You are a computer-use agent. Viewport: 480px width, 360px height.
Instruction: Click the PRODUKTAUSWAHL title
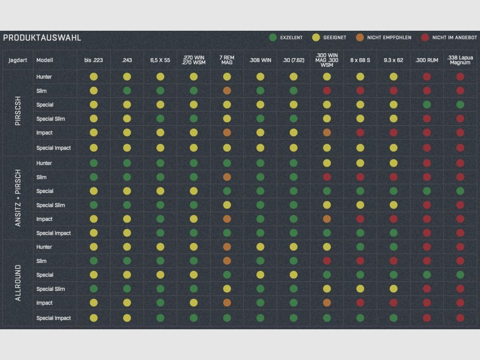click(42, 37)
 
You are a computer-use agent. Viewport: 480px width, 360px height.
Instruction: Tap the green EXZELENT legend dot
click(273, 37)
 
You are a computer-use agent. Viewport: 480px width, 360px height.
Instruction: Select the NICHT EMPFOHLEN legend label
click(389, 37)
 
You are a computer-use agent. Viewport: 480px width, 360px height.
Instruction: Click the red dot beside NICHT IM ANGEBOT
click(425, 37)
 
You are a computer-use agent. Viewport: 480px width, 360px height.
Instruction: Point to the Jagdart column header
click(17, 60)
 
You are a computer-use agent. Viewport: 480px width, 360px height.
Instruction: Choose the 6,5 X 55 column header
click(160, 60)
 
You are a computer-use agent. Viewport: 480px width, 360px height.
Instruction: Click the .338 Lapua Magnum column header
click(460, 60)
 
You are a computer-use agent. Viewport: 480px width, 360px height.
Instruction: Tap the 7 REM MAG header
click(227, 60)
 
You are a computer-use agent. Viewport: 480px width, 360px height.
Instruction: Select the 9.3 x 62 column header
click(393, 60)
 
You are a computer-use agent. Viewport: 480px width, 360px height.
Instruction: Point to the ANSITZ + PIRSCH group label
click(18, 198)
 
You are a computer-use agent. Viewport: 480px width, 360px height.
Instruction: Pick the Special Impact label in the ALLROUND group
click(53, 318)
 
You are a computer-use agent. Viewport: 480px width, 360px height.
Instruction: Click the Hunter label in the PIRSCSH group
click(44, 77)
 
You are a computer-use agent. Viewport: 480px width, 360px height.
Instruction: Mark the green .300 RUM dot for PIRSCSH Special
click(427, 105)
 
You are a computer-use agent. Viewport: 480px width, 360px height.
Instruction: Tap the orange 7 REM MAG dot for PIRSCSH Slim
click(227, 91)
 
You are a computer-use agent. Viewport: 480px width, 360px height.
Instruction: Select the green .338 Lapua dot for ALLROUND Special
click(460, 275)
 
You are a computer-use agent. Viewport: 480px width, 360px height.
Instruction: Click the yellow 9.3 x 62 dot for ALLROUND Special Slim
click(393, 289)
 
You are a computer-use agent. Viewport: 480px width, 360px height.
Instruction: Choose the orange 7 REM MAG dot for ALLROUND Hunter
click(227, 247)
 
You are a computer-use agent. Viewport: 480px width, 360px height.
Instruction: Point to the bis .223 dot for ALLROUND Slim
click(94, 261)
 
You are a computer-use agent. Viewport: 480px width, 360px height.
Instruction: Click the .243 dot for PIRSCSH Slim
click(127, 91)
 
